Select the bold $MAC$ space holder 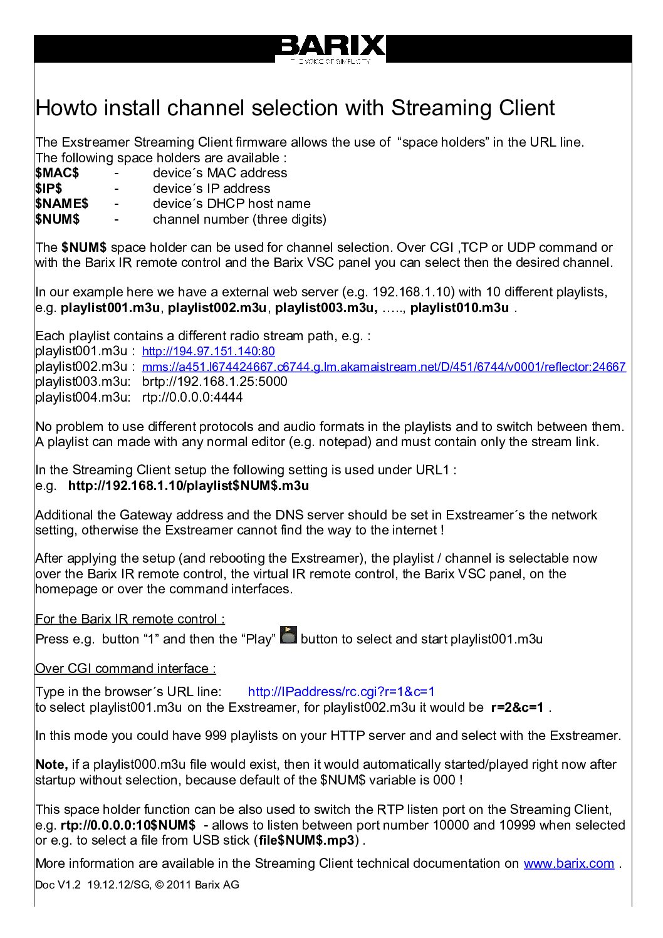pos(57,173)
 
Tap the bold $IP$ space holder pos(49,189)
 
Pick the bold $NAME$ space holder pos(61,204)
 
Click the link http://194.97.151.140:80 pos(208,352)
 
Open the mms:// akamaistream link pos(384,367)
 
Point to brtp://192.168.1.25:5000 pos(214,382)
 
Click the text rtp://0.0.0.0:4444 pos(192,397)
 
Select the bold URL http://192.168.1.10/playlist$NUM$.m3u pos(188,486)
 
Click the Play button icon pos(288,635)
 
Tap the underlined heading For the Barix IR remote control pos(130,619)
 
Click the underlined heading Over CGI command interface pos(125,669)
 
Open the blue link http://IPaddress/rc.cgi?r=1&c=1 pos(341,692)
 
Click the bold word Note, pos(51,764)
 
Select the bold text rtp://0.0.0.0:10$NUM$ pos(128,825)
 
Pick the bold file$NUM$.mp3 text pos(306,840)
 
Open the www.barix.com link pos(568,863)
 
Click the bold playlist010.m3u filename pos(459,308)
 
